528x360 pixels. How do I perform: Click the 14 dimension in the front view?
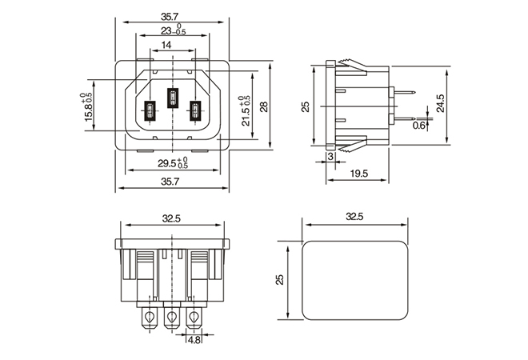166,46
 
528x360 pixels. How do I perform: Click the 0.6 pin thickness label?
419,126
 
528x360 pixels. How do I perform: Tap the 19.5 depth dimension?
358,174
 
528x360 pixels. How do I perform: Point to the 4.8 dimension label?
194,339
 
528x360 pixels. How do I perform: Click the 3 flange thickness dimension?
331,158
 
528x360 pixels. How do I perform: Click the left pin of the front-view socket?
149,111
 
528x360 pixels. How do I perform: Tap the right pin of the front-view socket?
194,111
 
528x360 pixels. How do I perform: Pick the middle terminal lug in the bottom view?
170,318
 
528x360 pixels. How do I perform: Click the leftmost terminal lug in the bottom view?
147,318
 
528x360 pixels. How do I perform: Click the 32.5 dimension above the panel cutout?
354,217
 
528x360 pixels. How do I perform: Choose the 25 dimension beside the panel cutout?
280,279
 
